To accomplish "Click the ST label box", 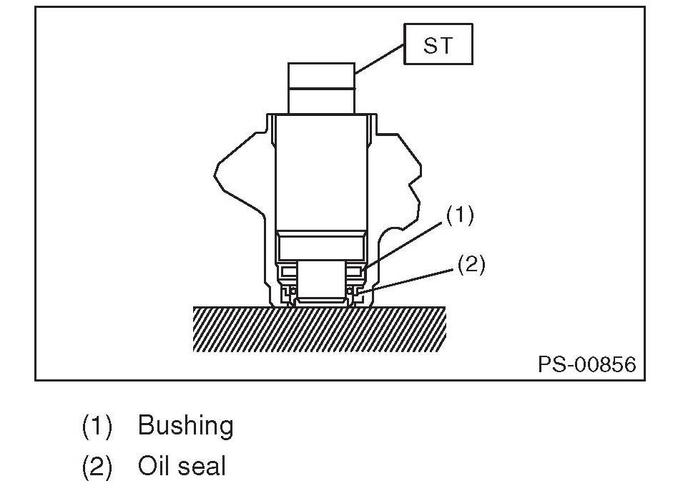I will coord(438,44).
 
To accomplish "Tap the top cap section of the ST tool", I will coord(321,74).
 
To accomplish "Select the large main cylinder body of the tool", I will coord(321,172).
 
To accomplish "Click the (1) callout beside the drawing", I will coord(460,215).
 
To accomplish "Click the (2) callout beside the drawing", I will coord(471,265).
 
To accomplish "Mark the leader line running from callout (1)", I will coord(408,245).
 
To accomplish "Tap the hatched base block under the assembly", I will coord(319,329).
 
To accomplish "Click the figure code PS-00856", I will coord(586,364).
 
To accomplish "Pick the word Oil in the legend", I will coord(152,467).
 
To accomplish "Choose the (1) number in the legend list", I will coord(97,426).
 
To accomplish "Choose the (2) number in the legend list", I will coord(97,467).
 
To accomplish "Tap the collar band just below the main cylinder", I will coord(321,246).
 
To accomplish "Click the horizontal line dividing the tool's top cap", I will coord(321,88).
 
